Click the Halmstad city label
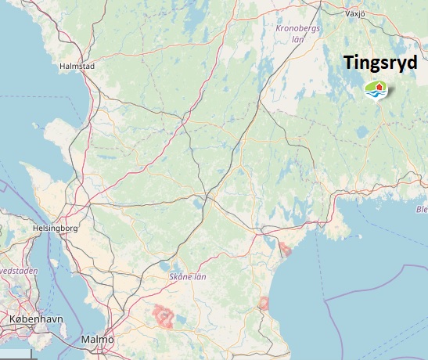point(77,67)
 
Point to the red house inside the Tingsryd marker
point(377,86)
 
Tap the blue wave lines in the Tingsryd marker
point(377,95)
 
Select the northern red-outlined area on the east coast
point(286,250)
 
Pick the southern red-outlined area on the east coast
point(264,303)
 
